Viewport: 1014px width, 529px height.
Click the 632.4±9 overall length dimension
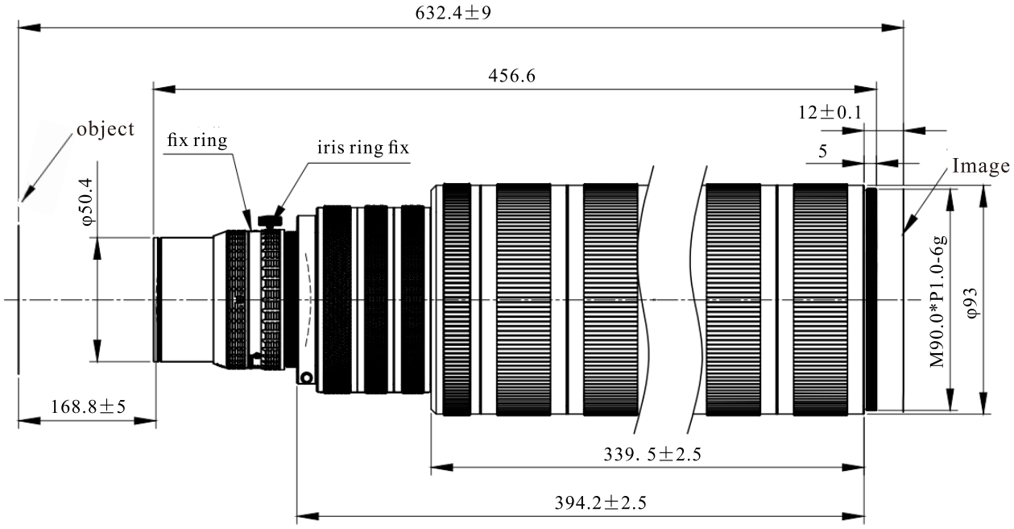coord(453,13)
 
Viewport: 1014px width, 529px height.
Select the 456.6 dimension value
coord(511,75)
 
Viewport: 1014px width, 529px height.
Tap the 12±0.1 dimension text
coord(830,112)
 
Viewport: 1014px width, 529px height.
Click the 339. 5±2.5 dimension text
coord(652,454)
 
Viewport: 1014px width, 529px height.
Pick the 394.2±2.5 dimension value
coord(600,502)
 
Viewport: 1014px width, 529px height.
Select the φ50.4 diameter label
coord(86,202)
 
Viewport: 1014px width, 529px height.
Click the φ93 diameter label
coord(972,302)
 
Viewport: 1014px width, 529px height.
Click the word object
coord(106,129)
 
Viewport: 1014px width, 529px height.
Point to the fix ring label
coord(197,140)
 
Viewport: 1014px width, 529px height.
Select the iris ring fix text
coord(362,148)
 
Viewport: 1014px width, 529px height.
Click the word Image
coord(981,166)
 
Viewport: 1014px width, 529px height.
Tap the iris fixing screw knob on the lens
coord(271,220)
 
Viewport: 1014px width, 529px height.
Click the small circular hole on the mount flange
coord(307,377)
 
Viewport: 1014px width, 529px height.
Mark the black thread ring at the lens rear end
coord(871,300)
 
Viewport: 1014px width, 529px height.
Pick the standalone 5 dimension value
coord(823,151)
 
